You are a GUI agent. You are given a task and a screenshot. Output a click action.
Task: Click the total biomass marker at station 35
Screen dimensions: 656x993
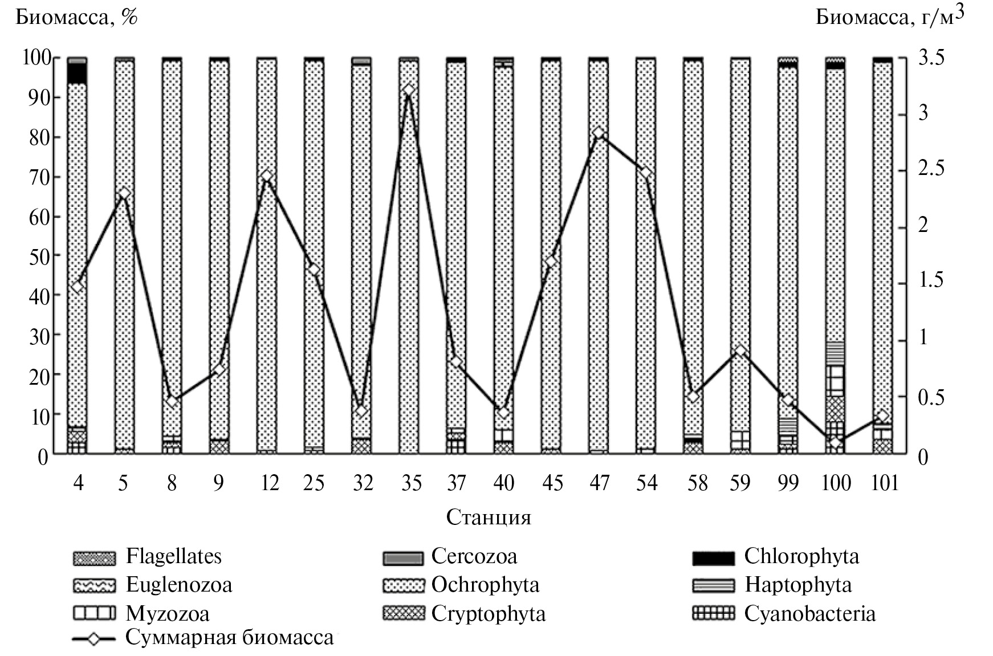point(408,91)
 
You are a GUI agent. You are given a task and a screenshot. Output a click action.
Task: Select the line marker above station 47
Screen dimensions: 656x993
point(598,133)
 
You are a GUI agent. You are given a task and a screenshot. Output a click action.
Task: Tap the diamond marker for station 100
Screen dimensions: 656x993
point(835,442)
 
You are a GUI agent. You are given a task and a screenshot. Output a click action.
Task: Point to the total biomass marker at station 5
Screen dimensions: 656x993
point(124,194)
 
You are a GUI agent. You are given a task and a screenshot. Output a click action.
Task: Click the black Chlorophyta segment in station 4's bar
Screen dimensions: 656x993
point(77,73)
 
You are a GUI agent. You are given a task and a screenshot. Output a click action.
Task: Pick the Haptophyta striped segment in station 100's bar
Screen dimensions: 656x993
point(835,353)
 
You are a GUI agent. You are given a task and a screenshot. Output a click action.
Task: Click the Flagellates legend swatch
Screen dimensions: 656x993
point(94,558)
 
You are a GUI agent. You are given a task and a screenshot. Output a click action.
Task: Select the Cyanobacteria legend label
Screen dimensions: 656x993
point(809,614)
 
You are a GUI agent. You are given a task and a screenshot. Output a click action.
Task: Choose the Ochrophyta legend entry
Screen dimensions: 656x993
point(485,585)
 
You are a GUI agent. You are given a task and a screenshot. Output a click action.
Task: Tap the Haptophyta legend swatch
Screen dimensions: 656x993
point(713,586)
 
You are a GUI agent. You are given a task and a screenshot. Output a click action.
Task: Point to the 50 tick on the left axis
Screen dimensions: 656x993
point(36,256)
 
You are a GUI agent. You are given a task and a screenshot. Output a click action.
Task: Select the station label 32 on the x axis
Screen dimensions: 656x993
point(363,483)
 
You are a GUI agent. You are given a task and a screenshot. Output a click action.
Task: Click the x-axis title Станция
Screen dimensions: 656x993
point(489,518)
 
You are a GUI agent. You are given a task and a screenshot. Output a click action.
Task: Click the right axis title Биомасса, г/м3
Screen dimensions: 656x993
point(890,17)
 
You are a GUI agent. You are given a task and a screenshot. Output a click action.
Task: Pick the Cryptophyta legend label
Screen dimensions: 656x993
point(488,614)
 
